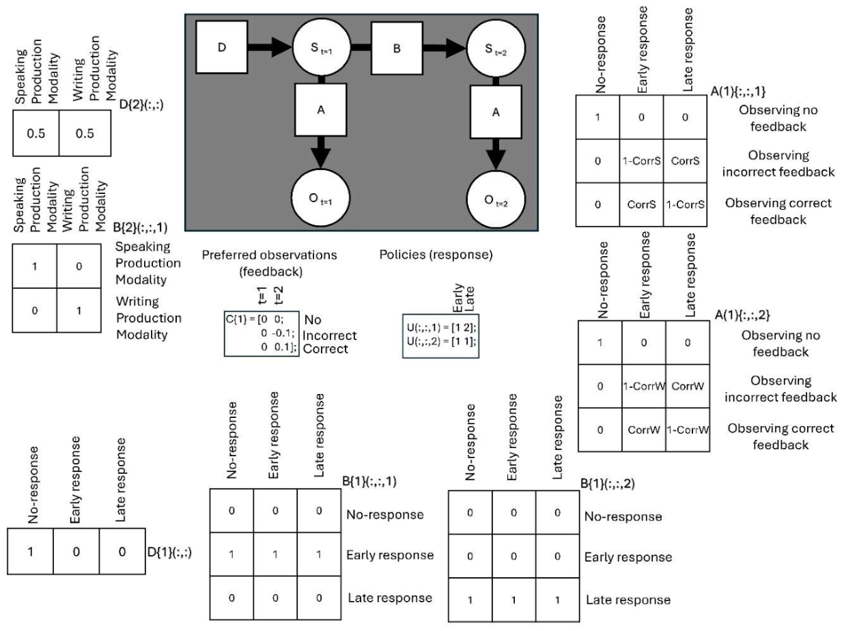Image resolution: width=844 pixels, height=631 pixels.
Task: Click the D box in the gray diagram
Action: point(221,47)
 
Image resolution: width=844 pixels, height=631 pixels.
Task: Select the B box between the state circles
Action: point(397,48)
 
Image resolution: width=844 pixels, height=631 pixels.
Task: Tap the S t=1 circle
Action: point(322,48)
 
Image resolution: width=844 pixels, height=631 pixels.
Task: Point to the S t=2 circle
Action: point(496,49)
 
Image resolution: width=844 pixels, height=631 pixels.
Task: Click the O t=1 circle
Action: point(321,199)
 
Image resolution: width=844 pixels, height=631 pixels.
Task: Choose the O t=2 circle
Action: point(496,199)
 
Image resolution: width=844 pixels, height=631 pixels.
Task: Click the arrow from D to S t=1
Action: point(270,47)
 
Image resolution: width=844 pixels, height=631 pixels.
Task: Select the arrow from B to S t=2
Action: point(445,48)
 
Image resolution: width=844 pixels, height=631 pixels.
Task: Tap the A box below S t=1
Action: point(321,110)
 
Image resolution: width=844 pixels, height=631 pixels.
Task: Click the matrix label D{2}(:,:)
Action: point(141,104)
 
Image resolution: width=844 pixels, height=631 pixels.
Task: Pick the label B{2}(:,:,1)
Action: point(141,227)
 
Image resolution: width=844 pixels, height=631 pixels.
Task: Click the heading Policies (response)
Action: point(436,255)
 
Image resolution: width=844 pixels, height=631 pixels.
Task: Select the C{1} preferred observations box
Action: point(262,333)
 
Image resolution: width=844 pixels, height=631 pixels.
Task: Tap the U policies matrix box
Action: point(440,336)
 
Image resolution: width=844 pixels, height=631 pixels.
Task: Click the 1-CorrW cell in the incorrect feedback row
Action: point(644,386)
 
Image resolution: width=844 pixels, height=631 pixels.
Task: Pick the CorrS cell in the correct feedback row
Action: point(641,205)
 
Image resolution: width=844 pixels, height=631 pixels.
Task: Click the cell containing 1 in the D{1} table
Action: point(30,551)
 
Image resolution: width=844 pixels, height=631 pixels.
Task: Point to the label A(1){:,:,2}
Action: point(742,315)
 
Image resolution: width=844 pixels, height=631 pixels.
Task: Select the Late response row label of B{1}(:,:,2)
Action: point(628,600)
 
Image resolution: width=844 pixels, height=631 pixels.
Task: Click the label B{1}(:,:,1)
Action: point(369,481)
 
